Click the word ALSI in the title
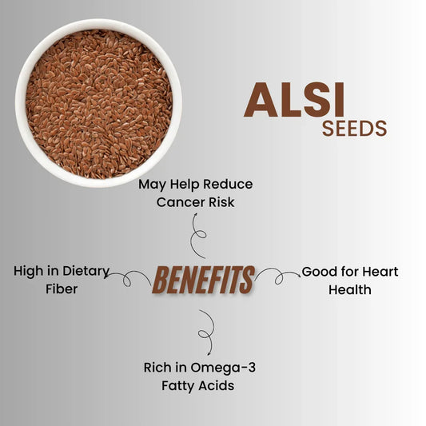click(x=294, y=101)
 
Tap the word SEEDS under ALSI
click(x=354, y=129)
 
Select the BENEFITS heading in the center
click(x=203, y=280)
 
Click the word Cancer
click(x=181, y=202)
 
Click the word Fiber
click(x=61, y=289)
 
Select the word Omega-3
click(x=219, y=368)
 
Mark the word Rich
click(x=157, y=368)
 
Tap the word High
click(x=29, y=272)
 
